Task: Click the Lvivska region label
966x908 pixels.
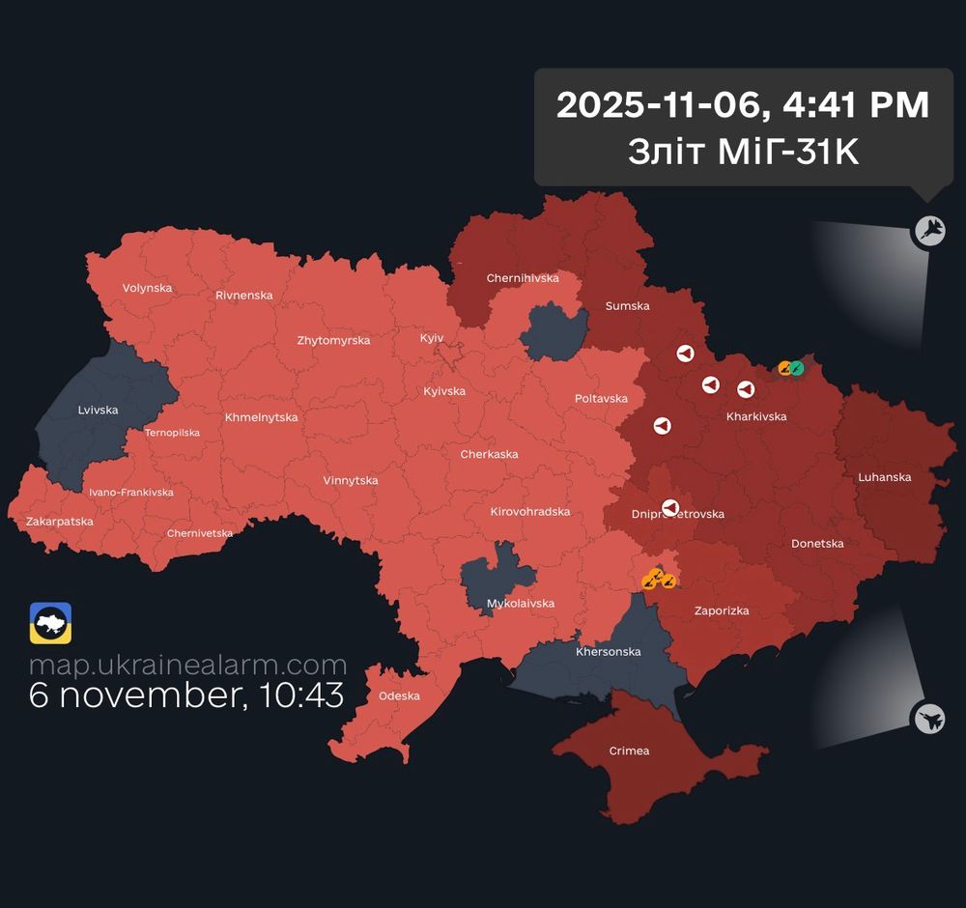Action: click(x=98, y=411)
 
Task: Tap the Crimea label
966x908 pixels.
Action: click(x=629, y=752)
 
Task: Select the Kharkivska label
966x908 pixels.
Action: click(x=756, y=417)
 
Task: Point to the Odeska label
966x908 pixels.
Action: click(x=399, y=696)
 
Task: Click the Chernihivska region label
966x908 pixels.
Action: click(x=523, y=278)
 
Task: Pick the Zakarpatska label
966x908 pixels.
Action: click(x=60, y=522)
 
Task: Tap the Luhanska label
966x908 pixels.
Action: click(x=885, y=477)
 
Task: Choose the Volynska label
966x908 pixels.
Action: click(x=147, y=288)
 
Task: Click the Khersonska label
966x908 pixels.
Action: click(x=608, y=652)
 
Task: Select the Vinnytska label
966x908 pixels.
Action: click(x=351, y=481)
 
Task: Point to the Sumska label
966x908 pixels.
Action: click(x=627, y=306)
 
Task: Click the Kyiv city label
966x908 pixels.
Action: click(x=432, y=338)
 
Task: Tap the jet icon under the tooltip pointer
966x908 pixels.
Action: click(x=929, y=230)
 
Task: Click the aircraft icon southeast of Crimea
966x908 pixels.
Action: click(x=928, y=718)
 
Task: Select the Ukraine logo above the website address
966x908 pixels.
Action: click(x=50, y=623)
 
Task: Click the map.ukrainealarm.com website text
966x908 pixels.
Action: click(x=187, y=666)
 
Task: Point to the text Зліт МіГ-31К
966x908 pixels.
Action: click(x=742, y=152)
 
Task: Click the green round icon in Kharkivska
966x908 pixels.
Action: click(x=797, y=367)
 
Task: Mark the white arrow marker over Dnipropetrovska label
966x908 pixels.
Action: click(x=670, y=507)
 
